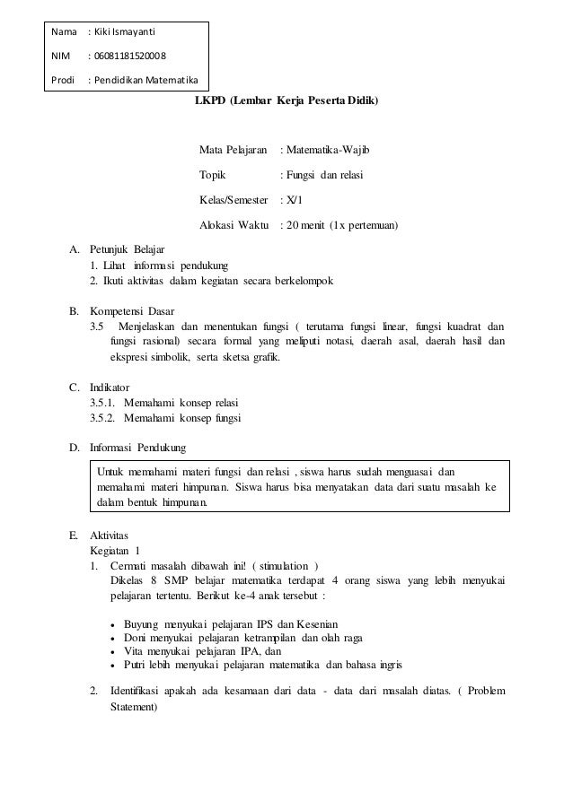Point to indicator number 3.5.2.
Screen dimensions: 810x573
tap(104, 418)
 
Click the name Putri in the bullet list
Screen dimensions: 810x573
tap(137, 665)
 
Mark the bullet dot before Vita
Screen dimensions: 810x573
tap(110, 652)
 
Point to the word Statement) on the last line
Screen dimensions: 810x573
tap(133, 707)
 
